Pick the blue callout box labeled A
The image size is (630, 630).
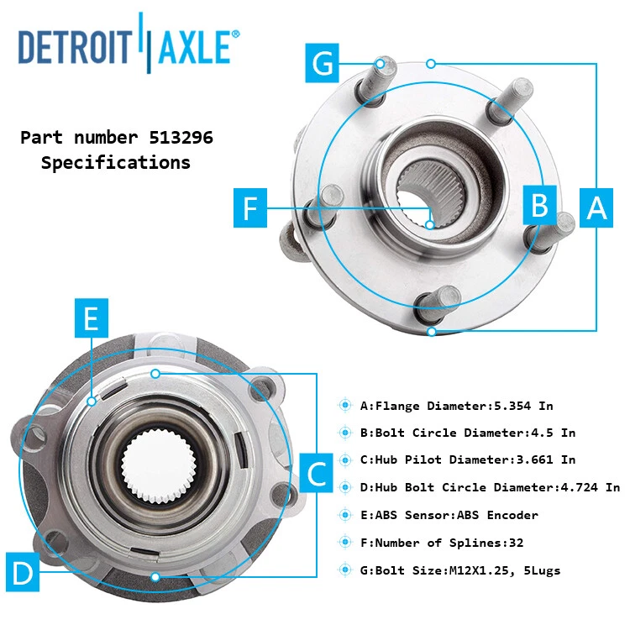tap(596, 206)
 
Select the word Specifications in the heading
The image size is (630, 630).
tap(116, 163)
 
